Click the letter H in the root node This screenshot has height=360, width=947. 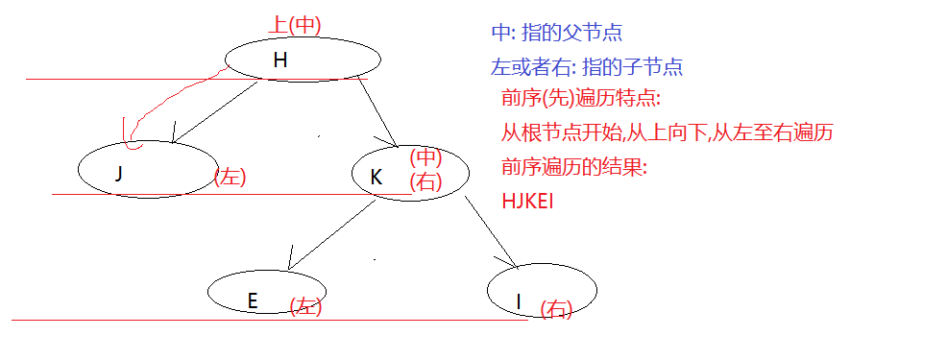point(279,60)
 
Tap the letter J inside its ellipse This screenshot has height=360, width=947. point(118,174)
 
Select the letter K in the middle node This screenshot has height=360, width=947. point(376,178)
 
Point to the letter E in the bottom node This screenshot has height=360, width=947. point(253,300)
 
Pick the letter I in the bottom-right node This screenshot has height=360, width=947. point(519,302)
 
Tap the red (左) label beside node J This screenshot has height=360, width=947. point(231,177)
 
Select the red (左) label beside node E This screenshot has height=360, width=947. point(305,306)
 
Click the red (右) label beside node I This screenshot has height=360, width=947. point(556,308)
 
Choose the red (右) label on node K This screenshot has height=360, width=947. point(425,180)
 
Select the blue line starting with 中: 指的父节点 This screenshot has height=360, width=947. point(557,33)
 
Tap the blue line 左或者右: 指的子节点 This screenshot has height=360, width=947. point(587,67)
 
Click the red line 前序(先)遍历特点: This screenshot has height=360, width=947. point(581,99)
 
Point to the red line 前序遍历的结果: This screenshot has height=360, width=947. point(574,167)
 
